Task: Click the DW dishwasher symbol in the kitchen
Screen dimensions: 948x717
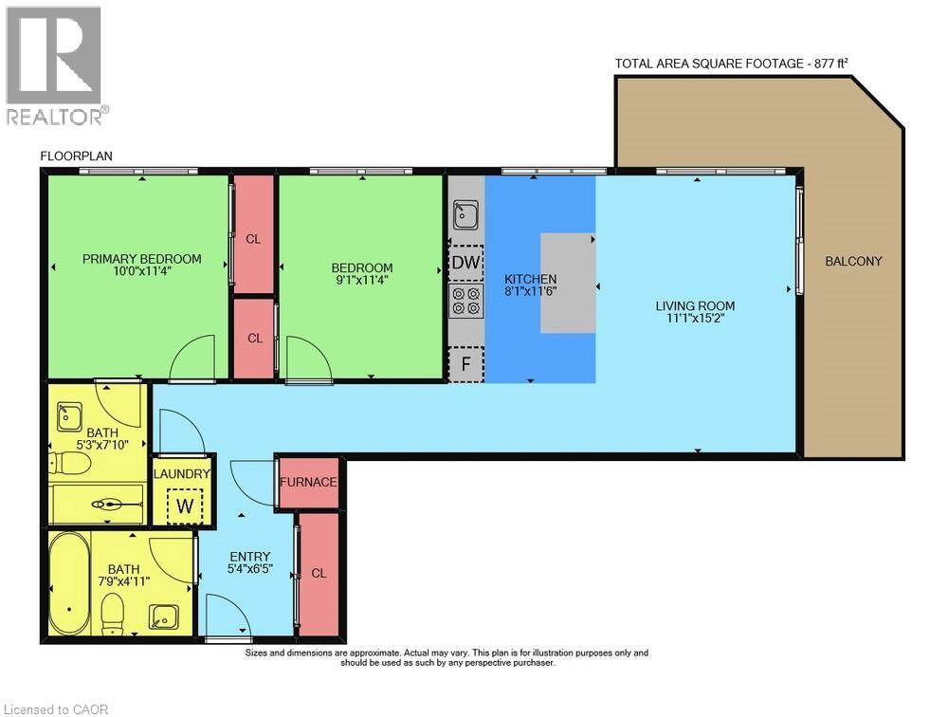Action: (x=466, y=262)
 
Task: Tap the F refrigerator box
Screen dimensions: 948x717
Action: (x=466, y=364)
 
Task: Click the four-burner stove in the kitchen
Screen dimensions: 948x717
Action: (x=466, y=302)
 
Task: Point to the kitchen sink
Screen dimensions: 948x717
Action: (x=466, y=214)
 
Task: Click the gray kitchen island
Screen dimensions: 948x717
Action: (x=568, y=283)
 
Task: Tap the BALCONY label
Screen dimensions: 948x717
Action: (x=853, y=261)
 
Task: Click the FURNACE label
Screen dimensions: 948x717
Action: (x=308, y=482)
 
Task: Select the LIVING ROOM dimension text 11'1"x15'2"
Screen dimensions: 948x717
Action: (x=695, y=318)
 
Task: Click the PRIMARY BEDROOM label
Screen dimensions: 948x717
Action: (x=142, y=259)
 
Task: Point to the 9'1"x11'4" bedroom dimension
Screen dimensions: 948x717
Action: (x=361, y=280)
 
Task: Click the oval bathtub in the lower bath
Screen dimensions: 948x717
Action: (x=69, y=583)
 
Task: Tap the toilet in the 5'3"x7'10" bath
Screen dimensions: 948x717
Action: (x=70, y=464)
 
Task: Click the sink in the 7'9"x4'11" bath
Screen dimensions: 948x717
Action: (x=164, y=616)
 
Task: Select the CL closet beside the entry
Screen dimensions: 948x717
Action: (x=319, y=574)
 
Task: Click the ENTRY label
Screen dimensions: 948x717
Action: (x=250, y=557)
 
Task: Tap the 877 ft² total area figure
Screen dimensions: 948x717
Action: (x=830, y=63)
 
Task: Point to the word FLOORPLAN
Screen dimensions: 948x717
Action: (x=76, y=156)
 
